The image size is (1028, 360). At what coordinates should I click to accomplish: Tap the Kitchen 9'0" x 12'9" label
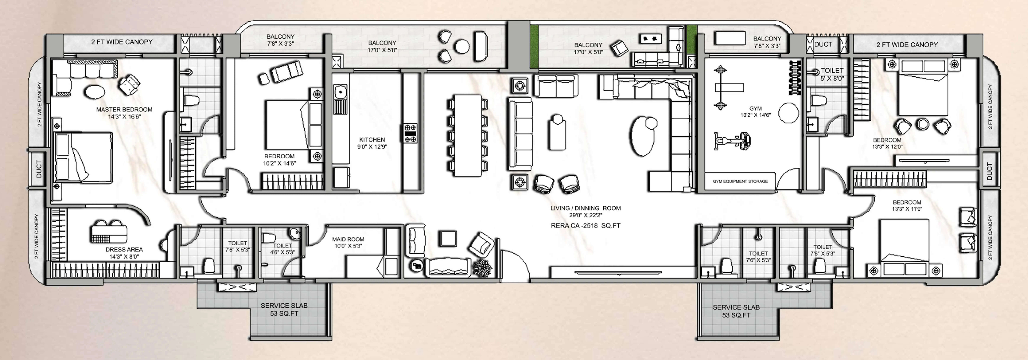coord(372,143)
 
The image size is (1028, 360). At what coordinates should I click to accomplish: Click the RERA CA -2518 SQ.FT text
coord(585,226)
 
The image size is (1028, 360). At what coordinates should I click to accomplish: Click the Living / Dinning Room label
coord(585,211)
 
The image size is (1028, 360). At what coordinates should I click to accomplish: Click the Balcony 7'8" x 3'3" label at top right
coord(767,42)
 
